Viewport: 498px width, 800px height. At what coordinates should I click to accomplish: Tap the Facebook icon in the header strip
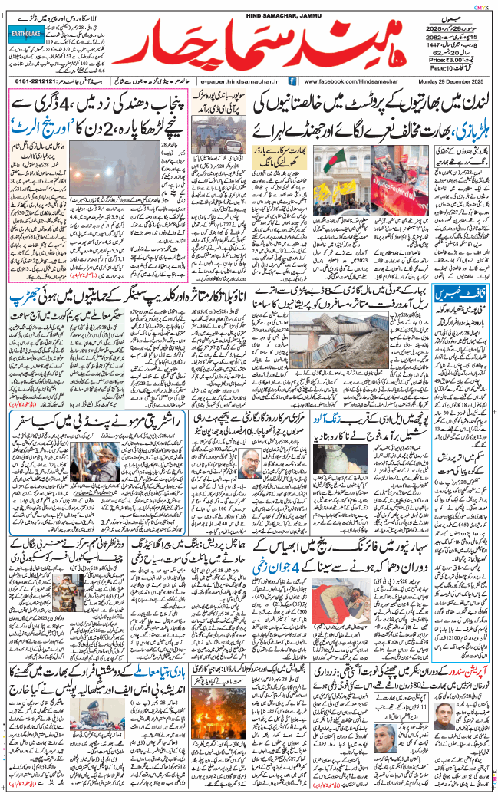(x=292, y=81)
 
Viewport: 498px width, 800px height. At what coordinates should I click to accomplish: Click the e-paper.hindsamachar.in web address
(x=240, y=81)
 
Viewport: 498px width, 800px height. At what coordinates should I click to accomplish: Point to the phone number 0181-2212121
(x=40, y=81)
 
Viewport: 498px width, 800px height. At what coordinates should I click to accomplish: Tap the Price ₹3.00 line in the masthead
(x=450, y=58)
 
